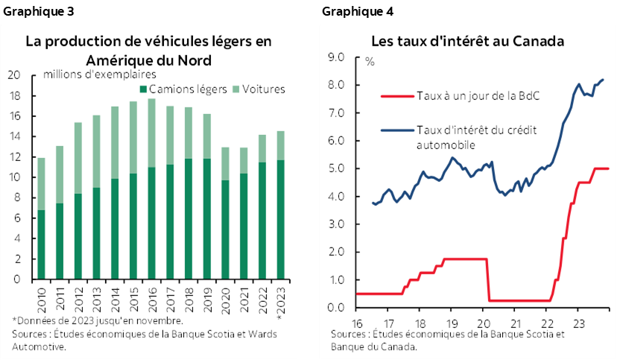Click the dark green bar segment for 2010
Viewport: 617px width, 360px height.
point(42,244)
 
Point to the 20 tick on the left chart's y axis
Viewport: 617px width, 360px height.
point(14,75)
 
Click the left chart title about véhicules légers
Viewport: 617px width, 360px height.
point(148,51)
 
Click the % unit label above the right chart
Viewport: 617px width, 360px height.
point(369,61)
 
